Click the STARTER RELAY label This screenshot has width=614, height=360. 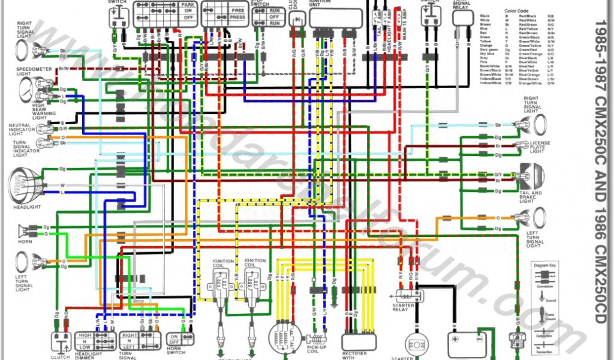pyautogui.click(x=401, y=307)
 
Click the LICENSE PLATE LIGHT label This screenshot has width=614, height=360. pyautogui.click(x=540, y=146)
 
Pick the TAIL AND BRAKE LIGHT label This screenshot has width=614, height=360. pyautogui.click(x=531, y=196)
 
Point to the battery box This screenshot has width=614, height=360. pyautogui.click(x=467, y=345)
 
